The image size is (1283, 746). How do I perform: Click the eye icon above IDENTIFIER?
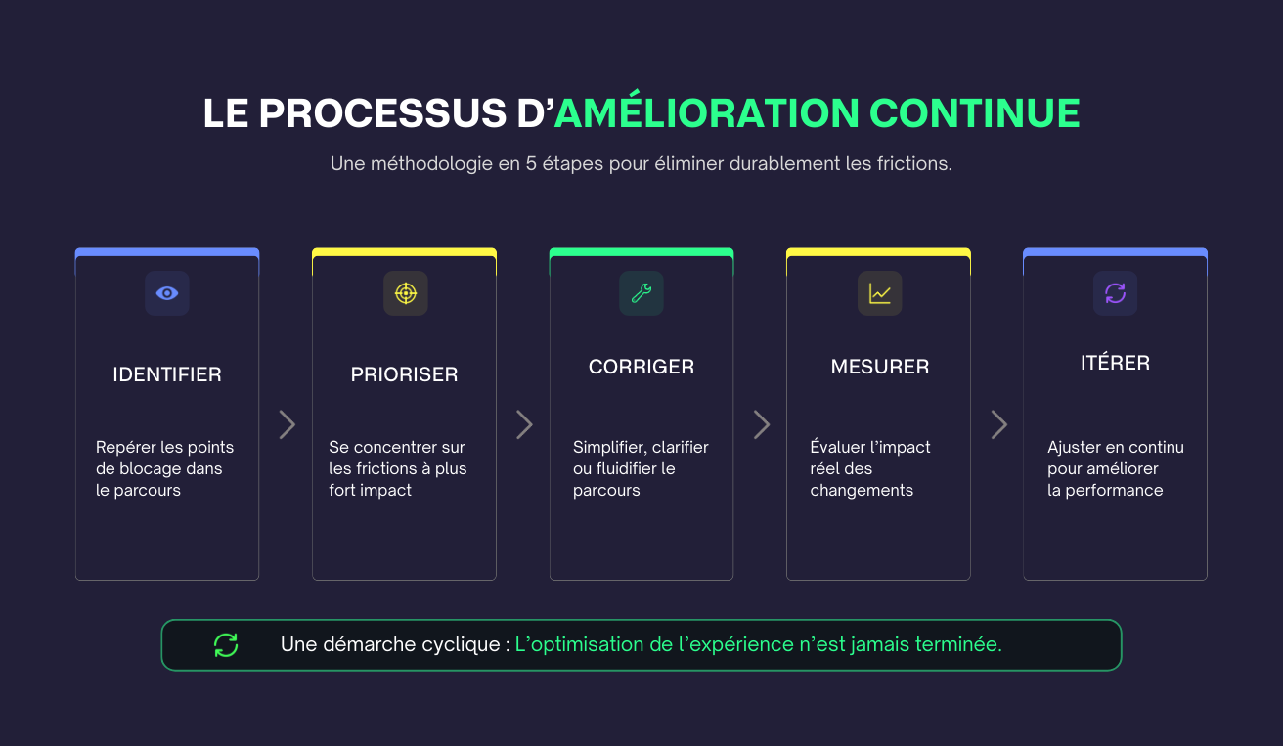tap(167, 293)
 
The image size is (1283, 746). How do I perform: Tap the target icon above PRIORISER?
tap(405, 293)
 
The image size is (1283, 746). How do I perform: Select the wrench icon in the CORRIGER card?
tap(641, 293)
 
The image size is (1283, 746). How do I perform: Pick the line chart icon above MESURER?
tap(879, 293)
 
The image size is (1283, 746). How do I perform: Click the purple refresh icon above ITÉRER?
tap(1115, 293)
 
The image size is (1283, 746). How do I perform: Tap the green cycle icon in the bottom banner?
tap(226, 645)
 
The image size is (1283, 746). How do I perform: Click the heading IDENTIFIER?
tap(167, 374)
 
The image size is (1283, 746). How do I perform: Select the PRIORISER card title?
tap(404, 374)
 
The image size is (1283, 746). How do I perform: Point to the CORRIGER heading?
tap(641, 367)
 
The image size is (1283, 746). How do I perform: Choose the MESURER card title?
tap(880, 367)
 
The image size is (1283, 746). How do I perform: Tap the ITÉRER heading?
tap(1115, 363)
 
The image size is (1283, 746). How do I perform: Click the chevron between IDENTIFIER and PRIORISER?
tap(287, 424)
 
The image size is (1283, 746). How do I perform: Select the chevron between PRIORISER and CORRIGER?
tap(524, 424)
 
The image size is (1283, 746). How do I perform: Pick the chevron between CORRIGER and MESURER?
tap(761, 424)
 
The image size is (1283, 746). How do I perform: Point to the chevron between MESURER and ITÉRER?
tap(998, 424)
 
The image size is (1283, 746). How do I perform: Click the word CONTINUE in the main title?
tap(974, 113)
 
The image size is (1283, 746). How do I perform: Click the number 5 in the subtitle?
tap(531, 164)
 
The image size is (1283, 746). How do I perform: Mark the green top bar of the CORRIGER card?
tap(641, 252)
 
